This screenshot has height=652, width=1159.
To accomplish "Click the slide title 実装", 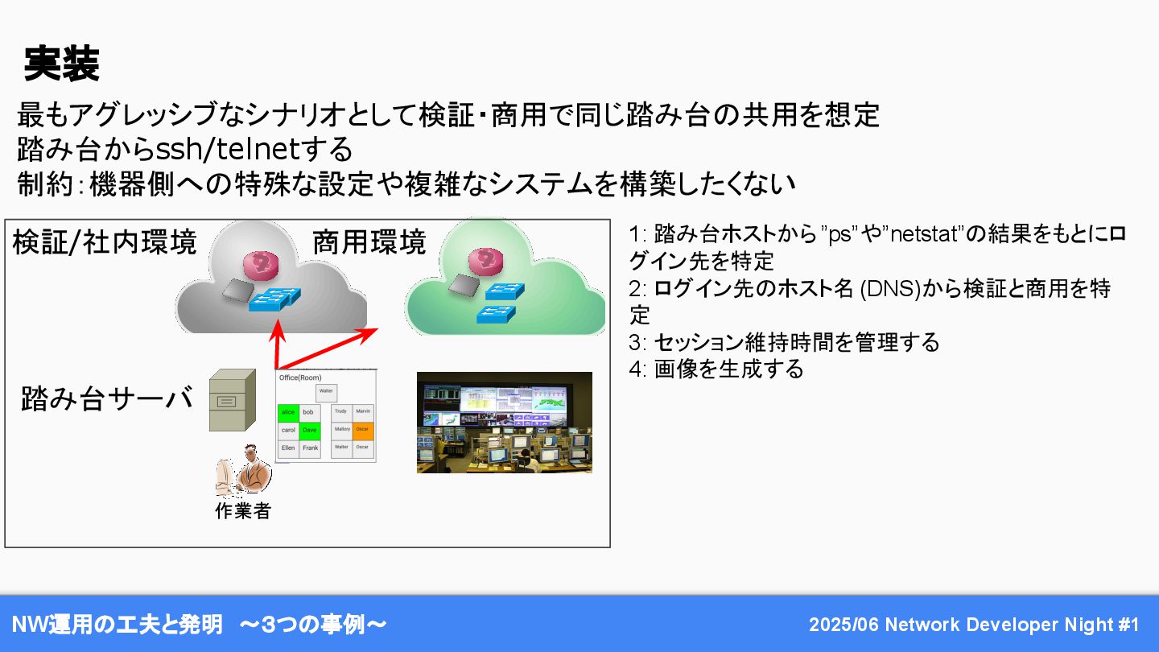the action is coord(61,64).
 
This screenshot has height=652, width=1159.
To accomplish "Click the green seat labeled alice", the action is coord(287,412).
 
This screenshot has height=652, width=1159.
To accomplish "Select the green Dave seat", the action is coord(310,431).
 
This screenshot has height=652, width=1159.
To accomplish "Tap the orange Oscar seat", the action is coord(363,430).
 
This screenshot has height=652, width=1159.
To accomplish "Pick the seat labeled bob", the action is coord(309,412).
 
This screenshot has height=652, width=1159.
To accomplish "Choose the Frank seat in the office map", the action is coord(310,448).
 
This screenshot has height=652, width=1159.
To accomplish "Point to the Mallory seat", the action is coord(342,430).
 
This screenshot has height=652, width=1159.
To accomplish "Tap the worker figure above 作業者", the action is coord(244,471).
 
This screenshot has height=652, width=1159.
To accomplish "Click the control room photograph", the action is coord(504,422).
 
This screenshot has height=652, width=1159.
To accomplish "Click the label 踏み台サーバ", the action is coord(107,399).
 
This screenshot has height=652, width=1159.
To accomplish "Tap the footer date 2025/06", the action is coord(843,625).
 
